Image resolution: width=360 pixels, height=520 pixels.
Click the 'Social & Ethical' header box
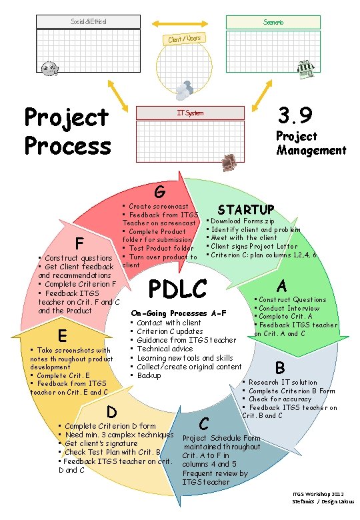(89, 22)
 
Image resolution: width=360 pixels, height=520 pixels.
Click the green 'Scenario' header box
(271, 22)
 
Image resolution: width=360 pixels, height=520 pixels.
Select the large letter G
(159, 193)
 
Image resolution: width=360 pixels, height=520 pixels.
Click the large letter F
(79, 241)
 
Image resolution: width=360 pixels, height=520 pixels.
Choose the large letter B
(280, 367)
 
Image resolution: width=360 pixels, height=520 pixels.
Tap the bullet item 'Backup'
(149, 376)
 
